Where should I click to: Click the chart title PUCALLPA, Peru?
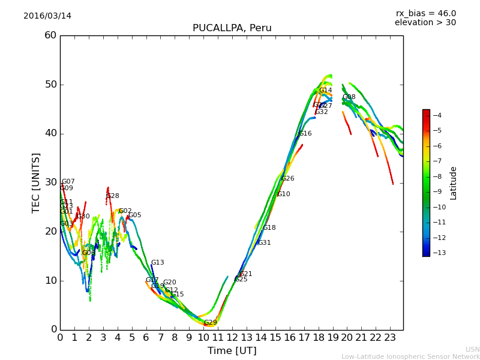[232, 28]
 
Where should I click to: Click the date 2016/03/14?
[47, 16]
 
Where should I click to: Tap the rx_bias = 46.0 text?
[425, 13]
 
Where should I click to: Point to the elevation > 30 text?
[425, 23]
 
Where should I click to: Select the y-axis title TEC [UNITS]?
[36, 182]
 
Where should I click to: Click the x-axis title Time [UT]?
[232, 350]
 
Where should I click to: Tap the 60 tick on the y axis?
[50, 35]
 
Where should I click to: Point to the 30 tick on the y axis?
[50, 182]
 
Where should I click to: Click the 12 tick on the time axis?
[232, 338]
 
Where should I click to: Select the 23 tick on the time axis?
[390, 338]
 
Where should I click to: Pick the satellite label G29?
[210, 323]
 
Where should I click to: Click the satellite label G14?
[325, 91]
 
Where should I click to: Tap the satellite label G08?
[349, 97]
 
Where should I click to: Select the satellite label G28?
[112, 196]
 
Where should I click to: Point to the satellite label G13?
[157, 263]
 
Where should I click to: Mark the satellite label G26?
[287, 179]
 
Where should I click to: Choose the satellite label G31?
[264, 243]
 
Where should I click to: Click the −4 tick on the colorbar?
[437, 115]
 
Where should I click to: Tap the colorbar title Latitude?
[454, 183]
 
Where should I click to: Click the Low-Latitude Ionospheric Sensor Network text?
[410, 356]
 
